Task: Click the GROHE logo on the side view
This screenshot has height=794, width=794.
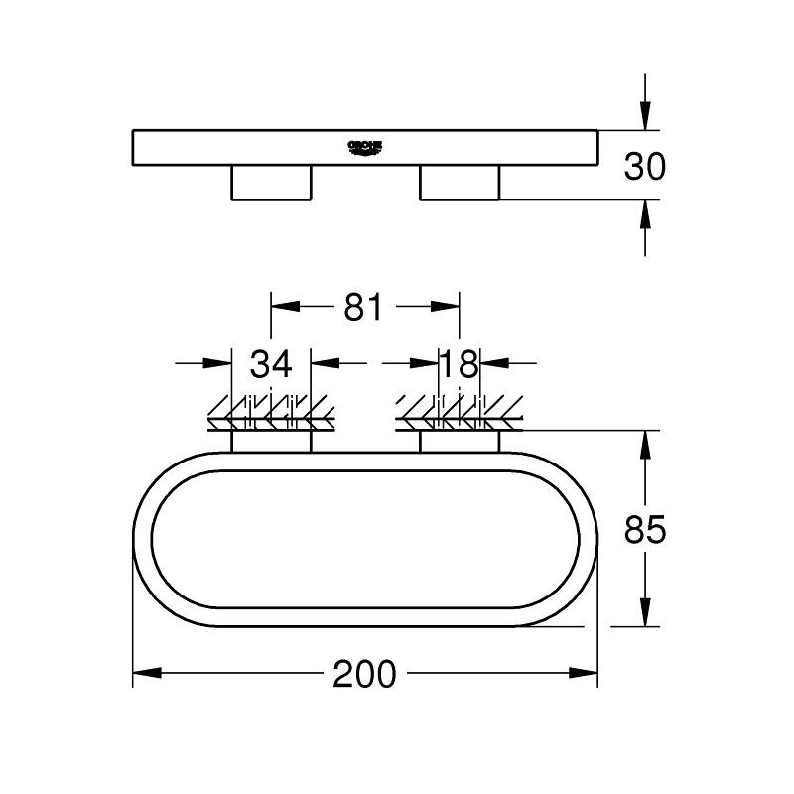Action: pos(364,148)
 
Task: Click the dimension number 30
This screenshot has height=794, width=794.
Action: pos(645,166)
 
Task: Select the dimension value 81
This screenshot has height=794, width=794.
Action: pos(363,308)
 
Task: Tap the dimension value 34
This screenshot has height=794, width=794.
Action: pos(271,364)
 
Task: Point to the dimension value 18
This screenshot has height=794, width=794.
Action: pos(459,364)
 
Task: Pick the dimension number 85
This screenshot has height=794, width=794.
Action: pos(645,531)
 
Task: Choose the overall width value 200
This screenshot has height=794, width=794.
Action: pos(364,675)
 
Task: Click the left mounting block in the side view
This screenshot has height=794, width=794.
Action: pos(271,182)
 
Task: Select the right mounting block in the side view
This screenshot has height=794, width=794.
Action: pos(459,182)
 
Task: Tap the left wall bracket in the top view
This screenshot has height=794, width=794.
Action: pos(271,442)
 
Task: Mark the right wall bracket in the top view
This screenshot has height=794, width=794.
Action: pos(459,442)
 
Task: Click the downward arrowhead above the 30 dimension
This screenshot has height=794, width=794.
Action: pos(645,116)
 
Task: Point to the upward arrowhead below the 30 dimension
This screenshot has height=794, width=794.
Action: pos(645,213)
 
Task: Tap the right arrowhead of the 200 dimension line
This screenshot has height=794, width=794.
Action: pos(585,675)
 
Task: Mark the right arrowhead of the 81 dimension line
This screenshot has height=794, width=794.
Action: pos(446,308)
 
